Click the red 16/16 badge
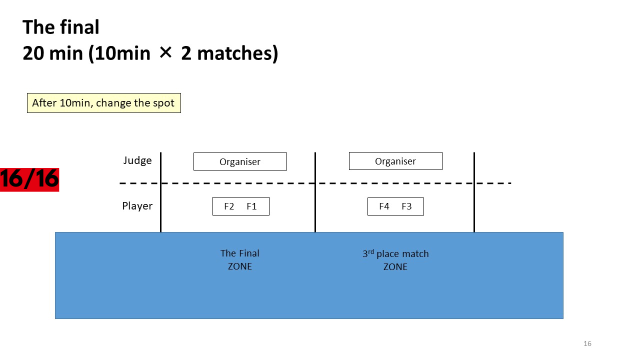[29, 179]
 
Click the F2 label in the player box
[229, 206]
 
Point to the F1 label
[251, 206]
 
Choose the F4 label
[384, 206]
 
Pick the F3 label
[406, 206]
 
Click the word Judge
[137, 160]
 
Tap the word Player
[137, 206]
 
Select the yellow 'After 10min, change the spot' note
[104, 103]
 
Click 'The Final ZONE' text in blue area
[239, 259]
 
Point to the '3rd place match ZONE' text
[395, 260]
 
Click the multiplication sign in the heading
[165, 53]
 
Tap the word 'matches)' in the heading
[237, 53]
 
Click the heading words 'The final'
[61, 27]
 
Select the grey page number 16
[587, 343]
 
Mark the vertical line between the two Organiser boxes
[315, 192]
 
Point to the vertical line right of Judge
[161, 192]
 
